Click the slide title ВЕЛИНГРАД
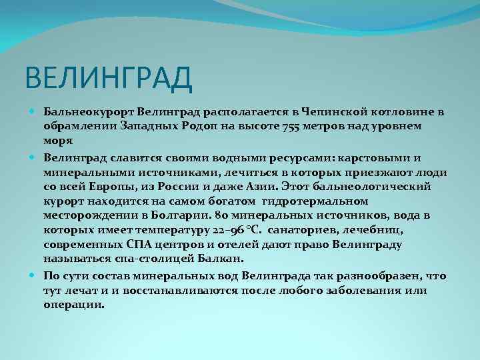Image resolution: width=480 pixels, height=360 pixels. (x=109, y=78)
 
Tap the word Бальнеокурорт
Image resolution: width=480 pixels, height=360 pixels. (x=83, y=111)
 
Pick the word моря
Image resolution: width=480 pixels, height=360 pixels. (x=58, y=141)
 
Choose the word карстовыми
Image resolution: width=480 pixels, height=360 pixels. (x=366, y=157)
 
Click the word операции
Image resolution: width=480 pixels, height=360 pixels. (x=74, y=305)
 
